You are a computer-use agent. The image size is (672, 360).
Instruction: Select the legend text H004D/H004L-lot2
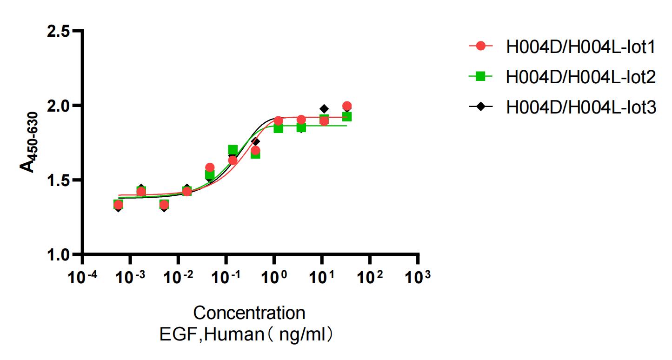(581, 77)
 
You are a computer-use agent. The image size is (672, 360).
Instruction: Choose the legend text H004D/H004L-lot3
(581, 107)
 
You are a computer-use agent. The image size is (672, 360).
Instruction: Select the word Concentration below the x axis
(249, 313)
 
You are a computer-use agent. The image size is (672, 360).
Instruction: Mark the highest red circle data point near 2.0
(346, 106)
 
